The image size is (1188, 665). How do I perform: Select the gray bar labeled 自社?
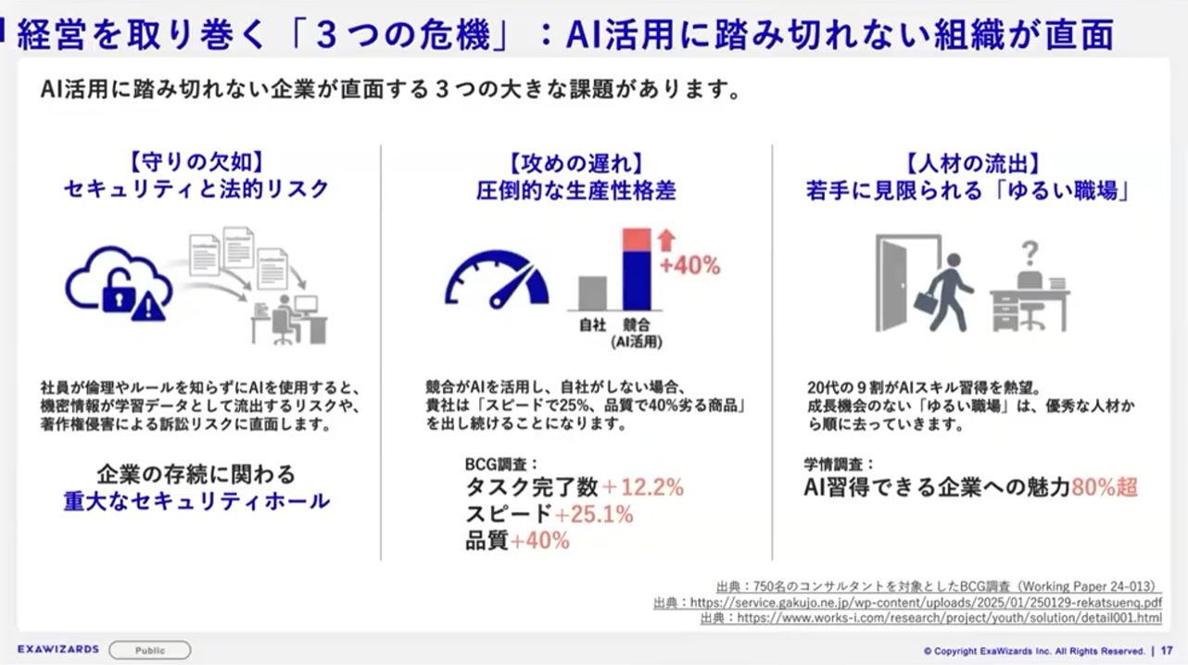click(592, 293)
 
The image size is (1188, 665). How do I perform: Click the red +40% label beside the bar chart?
click(690, 266)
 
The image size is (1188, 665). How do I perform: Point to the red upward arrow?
click(666, 240)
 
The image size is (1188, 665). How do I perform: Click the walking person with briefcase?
click(944, 292)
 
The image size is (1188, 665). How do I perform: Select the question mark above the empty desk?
click(1030, 253)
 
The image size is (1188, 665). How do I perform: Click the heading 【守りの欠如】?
click(196, 162)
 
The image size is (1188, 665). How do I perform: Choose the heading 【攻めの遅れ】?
click(576, 164)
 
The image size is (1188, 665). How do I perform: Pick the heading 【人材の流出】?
click(973, 164)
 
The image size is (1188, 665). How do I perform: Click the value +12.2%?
click(643, 487)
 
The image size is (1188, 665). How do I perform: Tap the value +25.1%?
click(593, 514)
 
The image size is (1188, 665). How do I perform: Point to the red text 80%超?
click(1105, 487)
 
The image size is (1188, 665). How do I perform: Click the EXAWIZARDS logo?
click(58, 649)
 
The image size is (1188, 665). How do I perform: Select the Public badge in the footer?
click(150, 650)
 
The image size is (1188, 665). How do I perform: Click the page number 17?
click(1167, 651)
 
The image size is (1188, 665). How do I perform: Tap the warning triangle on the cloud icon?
click(148, 308)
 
